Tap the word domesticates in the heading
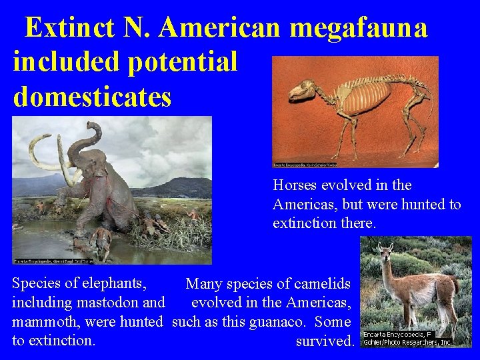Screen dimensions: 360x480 tap(92, 96)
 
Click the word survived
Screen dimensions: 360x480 tap(325, 341)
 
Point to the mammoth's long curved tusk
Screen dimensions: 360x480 tap(40, 150)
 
